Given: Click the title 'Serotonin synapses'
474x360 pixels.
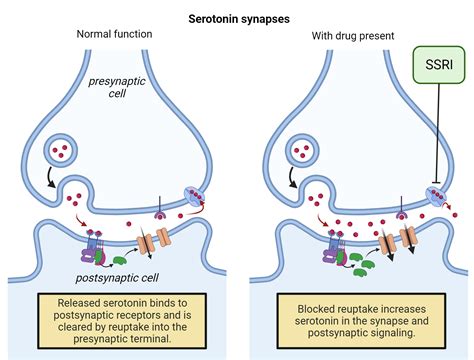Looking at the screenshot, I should pos(237,17).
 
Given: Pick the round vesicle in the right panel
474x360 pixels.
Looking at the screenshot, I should pos(299,153).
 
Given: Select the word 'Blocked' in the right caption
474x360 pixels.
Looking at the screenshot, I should pos(312,300).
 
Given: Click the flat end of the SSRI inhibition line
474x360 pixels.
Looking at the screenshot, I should pos(437,183).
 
